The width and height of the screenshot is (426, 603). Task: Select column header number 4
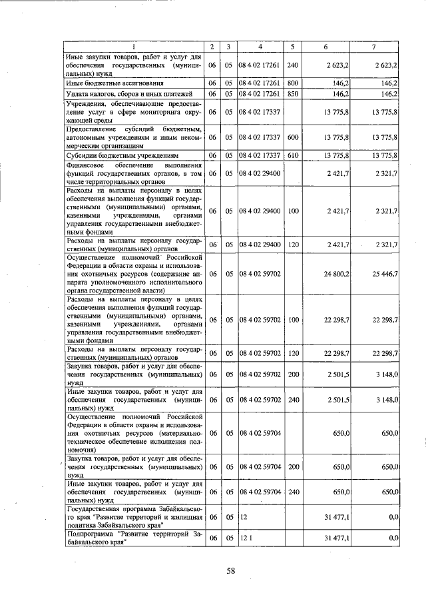[260, 47]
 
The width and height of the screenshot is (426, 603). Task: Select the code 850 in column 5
[292, 94]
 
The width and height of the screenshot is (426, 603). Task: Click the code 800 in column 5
[292, 84]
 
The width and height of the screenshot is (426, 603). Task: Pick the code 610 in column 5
[292, 155]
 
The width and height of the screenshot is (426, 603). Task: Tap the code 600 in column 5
[292, 137]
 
